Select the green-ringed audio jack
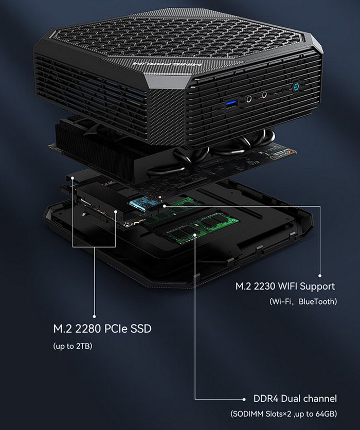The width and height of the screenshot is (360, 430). [249, 98]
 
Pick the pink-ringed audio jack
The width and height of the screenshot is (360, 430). [264, 95]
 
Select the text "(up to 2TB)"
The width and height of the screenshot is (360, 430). [73, 346]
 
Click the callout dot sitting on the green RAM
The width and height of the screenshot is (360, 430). [195, 235]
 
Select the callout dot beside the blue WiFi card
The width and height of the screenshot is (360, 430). [164, 205]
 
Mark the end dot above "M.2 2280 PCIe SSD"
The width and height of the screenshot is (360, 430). [94, 316]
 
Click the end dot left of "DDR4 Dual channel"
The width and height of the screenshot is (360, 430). [244, 399]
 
